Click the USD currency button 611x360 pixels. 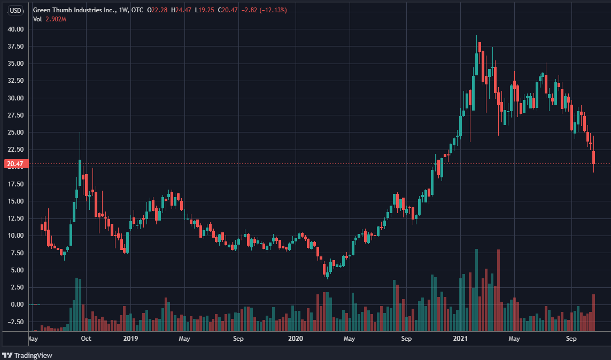point(16,10)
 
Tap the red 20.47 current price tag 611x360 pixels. point(13,164)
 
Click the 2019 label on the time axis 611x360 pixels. point(130,339)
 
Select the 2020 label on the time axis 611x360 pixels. point(295,339)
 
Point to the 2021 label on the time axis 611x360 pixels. point(460,339)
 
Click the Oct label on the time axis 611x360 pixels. point(86,339)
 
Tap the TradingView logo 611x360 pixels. point(27,355)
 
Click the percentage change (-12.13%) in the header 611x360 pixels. point(273,10)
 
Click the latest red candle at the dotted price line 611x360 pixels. point(593,158)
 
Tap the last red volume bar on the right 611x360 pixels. point(593,312)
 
